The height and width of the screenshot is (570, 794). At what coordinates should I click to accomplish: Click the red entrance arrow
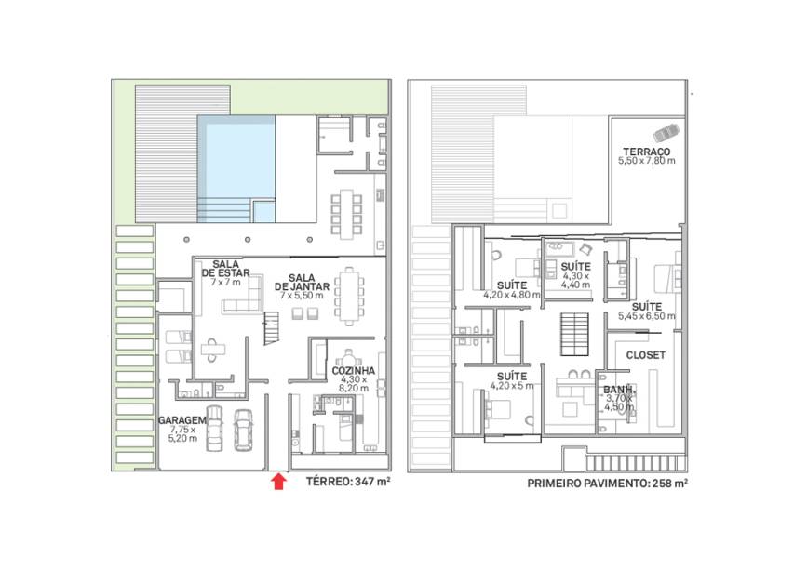278,482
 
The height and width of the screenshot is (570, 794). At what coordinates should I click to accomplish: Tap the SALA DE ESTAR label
226,269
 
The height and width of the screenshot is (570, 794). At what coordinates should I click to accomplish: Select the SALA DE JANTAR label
302,283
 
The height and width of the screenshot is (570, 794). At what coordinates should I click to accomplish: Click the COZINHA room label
354,371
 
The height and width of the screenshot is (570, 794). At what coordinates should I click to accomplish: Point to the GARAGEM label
182,420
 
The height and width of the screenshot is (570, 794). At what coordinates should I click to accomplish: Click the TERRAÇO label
647,152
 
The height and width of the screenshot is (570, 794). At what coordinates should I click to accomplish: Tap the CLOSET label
646,355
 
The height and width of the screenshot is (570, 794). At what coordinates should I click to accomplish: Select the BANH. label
619,390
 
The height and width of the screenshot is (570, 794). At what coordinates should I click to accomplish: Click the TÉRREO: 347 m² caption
348,482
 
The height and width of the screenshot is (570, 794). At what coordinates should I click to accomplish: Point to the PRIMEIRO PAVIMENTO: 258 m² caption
607,483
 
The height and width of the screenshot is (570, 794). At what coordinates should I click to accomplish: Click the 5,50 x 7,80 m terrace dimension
647,161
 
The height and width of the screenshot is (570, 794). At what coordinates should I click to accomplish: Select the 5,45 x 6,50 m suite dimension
647,316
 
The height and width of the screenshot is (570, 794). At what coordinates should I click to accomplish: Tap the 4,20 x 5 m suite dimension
512,385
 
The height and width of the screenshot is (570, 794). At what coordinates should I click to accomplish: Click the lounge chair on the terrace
666,133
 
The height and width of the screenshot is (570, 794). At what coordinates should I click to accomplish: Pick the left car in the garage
214,428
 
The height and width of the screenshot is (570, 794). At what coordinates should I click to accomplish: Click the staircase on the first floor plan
574,335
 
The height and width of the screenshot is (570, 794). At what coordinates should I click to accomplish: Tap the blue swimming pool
236,169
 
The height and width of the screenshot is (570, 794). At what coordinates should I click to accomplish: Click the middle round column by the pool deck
248,239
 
